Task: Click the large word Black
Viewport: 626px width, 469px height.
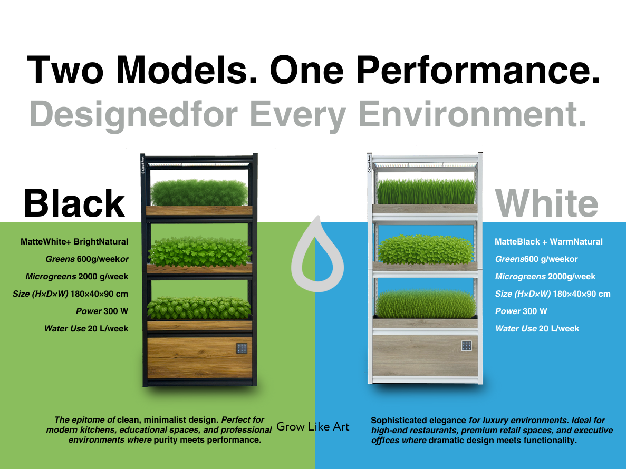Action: (74, 203)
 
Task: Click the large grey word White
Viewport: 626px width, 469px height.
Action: (546, 203)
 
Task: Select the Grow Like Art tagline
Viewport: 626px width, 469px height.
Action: (313, 427)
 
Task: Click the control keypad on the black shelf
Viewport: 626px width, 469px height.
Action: (242, 348)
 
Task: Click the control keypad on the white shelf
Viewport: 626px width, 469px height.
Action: (466, 346)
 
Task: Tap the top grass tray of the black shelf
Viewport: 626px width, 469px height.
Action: (199, 198)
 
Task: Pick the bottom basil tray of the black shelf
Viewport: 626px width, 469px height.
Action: (199, 314)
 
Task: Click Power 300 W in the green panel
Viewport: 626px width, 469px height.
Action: (102, 311)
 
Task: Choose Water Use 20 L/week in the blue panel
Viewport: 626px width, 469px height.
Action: (537, 329)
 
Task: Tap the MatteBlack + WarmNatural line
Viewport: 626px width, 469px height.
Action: (548, 242)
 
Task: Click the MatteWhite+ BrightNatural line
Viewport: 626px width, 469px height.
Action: (74, 242)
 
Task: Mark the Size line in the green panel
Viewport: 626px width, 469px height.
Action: (70, 294)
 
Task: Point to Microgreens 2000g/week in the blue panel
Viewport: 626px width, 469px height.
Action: (545, 276)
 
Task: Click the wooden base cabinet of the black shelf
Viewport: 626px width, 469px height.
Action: (199, 358)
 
